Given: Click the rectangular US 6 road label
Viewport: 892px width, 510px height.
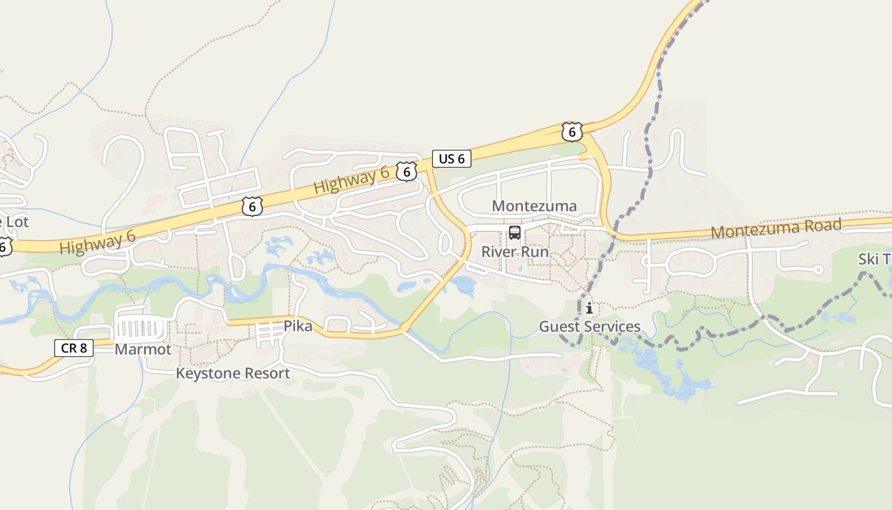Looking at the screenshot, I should click(452, 159).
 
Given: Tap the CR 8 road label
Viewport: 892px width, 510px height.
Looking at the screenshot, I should click(74, 347).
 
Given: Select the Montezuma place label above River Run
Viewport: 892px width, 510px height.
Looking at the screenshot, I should click(535, 206).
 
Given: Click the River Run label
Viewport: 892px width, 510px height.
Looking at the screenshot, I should click(515, 251).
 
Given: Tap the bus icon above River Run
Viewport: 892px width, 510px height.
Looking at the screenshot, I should click(515, 233).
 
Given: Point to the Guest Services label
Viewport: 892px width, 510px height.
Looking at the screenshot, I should click(589, 326).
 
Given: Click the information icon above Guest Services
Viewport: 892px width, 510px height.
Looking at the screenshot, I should click(589, 309).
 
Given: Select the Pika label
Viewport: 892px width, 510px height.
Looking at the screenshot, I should click(298, 326).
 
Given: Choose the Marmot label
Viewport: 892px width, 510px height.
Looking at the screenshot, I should click(143, 349).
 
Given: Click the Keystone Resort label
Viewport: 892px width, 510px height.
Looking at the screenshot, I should click(233, 374).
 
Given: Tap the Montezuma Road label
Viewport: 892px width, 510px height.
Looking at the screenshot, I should click(776, 228).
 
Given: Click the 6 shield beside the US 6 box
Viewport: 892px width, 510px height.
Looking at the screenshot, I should click(406, 171).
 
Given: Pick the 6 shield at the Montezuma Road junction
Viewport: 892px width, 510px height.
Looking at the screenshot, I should click(572, 132).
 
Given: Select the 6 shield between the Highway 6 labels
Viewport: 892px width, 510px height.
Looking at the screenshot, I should click(252, 207).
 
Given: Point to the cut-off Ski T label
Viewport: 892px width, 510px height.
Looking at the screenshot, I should click(875, 259).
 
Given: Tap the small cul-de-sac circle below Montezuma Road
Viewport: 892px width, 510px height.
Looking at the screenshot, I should click(819, 270).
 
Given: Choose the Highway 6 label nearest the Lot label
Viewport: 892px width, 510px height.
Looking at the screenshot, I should click(97, 242).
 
